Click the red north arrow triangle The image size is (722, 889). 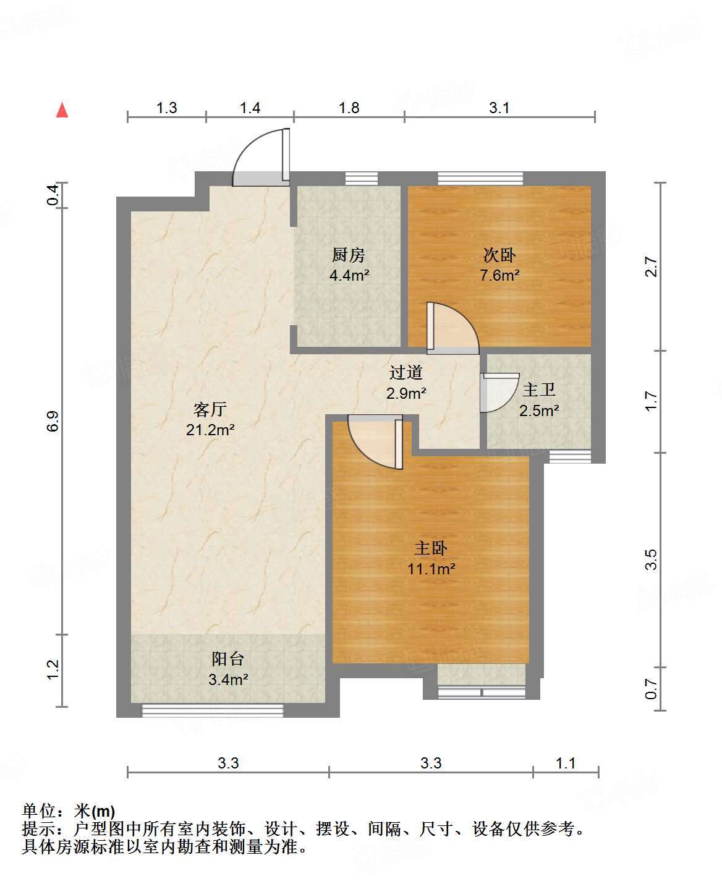point(62,110)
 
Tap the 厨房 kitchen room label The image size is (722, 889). point(348,255)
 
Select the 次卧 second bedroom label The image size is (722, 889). point(499,255)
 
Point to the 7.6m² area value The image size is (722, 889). point(499,276)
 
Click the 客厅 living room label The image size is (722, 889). point(210,409)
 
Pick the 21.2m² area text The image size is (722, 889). point(210,430)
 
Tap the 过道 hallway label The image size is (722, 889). point(406,372)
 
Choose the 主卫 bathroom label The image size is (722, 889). point(539,390)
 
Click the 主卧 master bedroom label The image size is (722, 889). point(431,548)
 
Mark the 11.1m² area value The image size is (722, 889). point(431,569)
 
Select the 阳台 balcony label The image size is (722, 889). point(228,659)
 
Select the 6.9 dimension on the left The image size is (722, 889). point(54,421)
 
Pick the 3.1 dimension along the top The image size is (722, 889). point(499,108)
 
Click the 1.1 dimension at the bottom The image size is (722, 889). point(566,764)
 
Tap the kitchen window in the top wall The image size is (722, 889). point(362,179)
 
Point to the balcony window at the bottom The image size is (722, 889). point(213,710)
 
